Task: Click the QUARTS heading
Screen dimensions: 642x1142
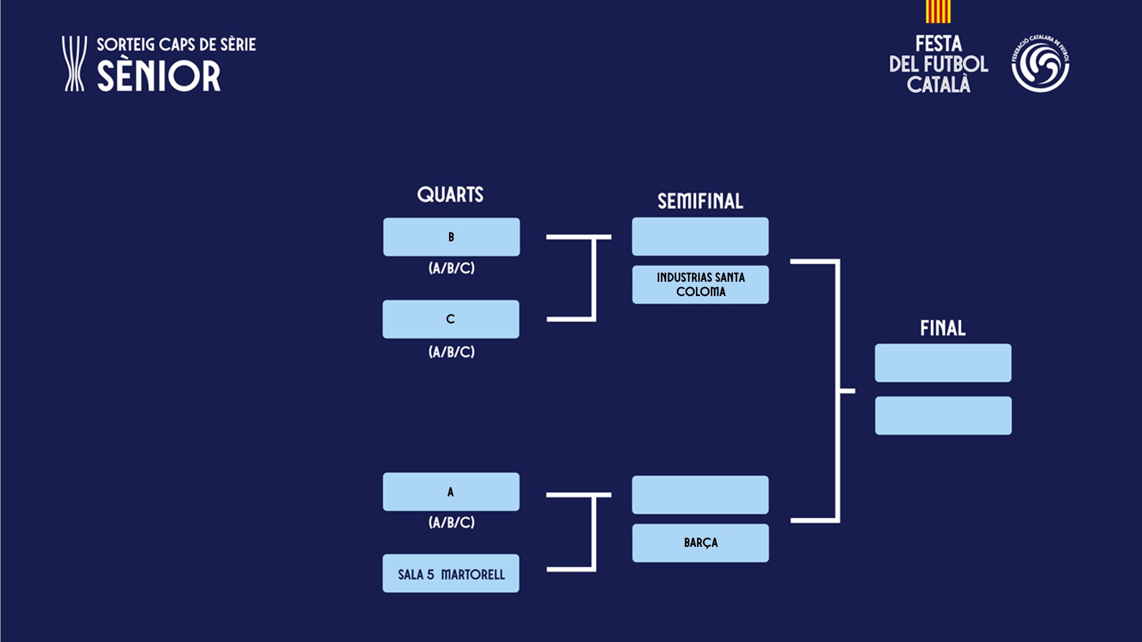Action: [x=450, y=194]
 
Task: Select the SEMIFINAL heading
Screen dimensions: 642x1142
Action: [x=700, y=202]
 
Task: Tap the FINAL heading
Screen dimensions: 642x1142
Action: [x=943, y=328]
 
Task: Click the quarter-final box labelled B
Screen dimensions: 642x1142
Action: [x=451, y=237]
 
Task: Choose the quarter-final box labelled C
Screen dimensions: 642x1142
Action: [x=451, y=319]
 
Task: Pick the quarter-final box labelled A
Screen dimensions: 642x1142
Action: [x=451, y=492]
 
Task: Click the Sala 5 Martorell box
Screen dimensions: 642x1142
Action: [x=451, y=574]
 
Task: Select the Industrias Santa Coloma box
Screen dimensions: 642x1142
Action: [x=701, y=285]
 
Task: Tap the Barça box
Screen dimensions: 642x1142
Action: [x=701, y=543]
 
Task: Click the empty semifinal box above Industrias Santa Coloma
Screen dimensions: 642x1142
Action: [x=700, y=237]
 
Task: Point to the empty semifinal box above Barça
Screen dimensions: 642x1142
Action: [x=700, y=495]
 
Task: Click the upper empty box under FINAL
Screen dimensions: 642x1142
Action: [x=943, y=363]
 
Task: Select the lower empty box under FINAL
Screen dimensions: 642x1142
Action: [x=943, y=416]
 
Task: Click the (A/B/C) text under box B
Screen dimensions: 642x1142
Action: [x=451, y=268]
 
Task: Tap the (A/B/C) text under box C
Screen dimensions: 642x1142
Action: [x=451, y=352]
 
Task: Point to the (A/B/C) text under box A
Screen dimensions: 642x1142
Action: [x=451, y=523]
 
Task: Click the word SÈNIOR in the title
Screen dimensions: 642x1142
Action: [x=159, y=76]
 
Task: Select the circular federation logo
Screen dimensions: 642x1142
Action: [x=1040, y=64]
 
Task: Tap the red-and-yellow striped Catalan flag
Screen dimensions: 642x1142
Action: [x=938, y=11]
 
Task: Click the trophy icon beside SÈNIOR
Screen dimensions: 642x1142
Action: [x=74, y=64]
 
